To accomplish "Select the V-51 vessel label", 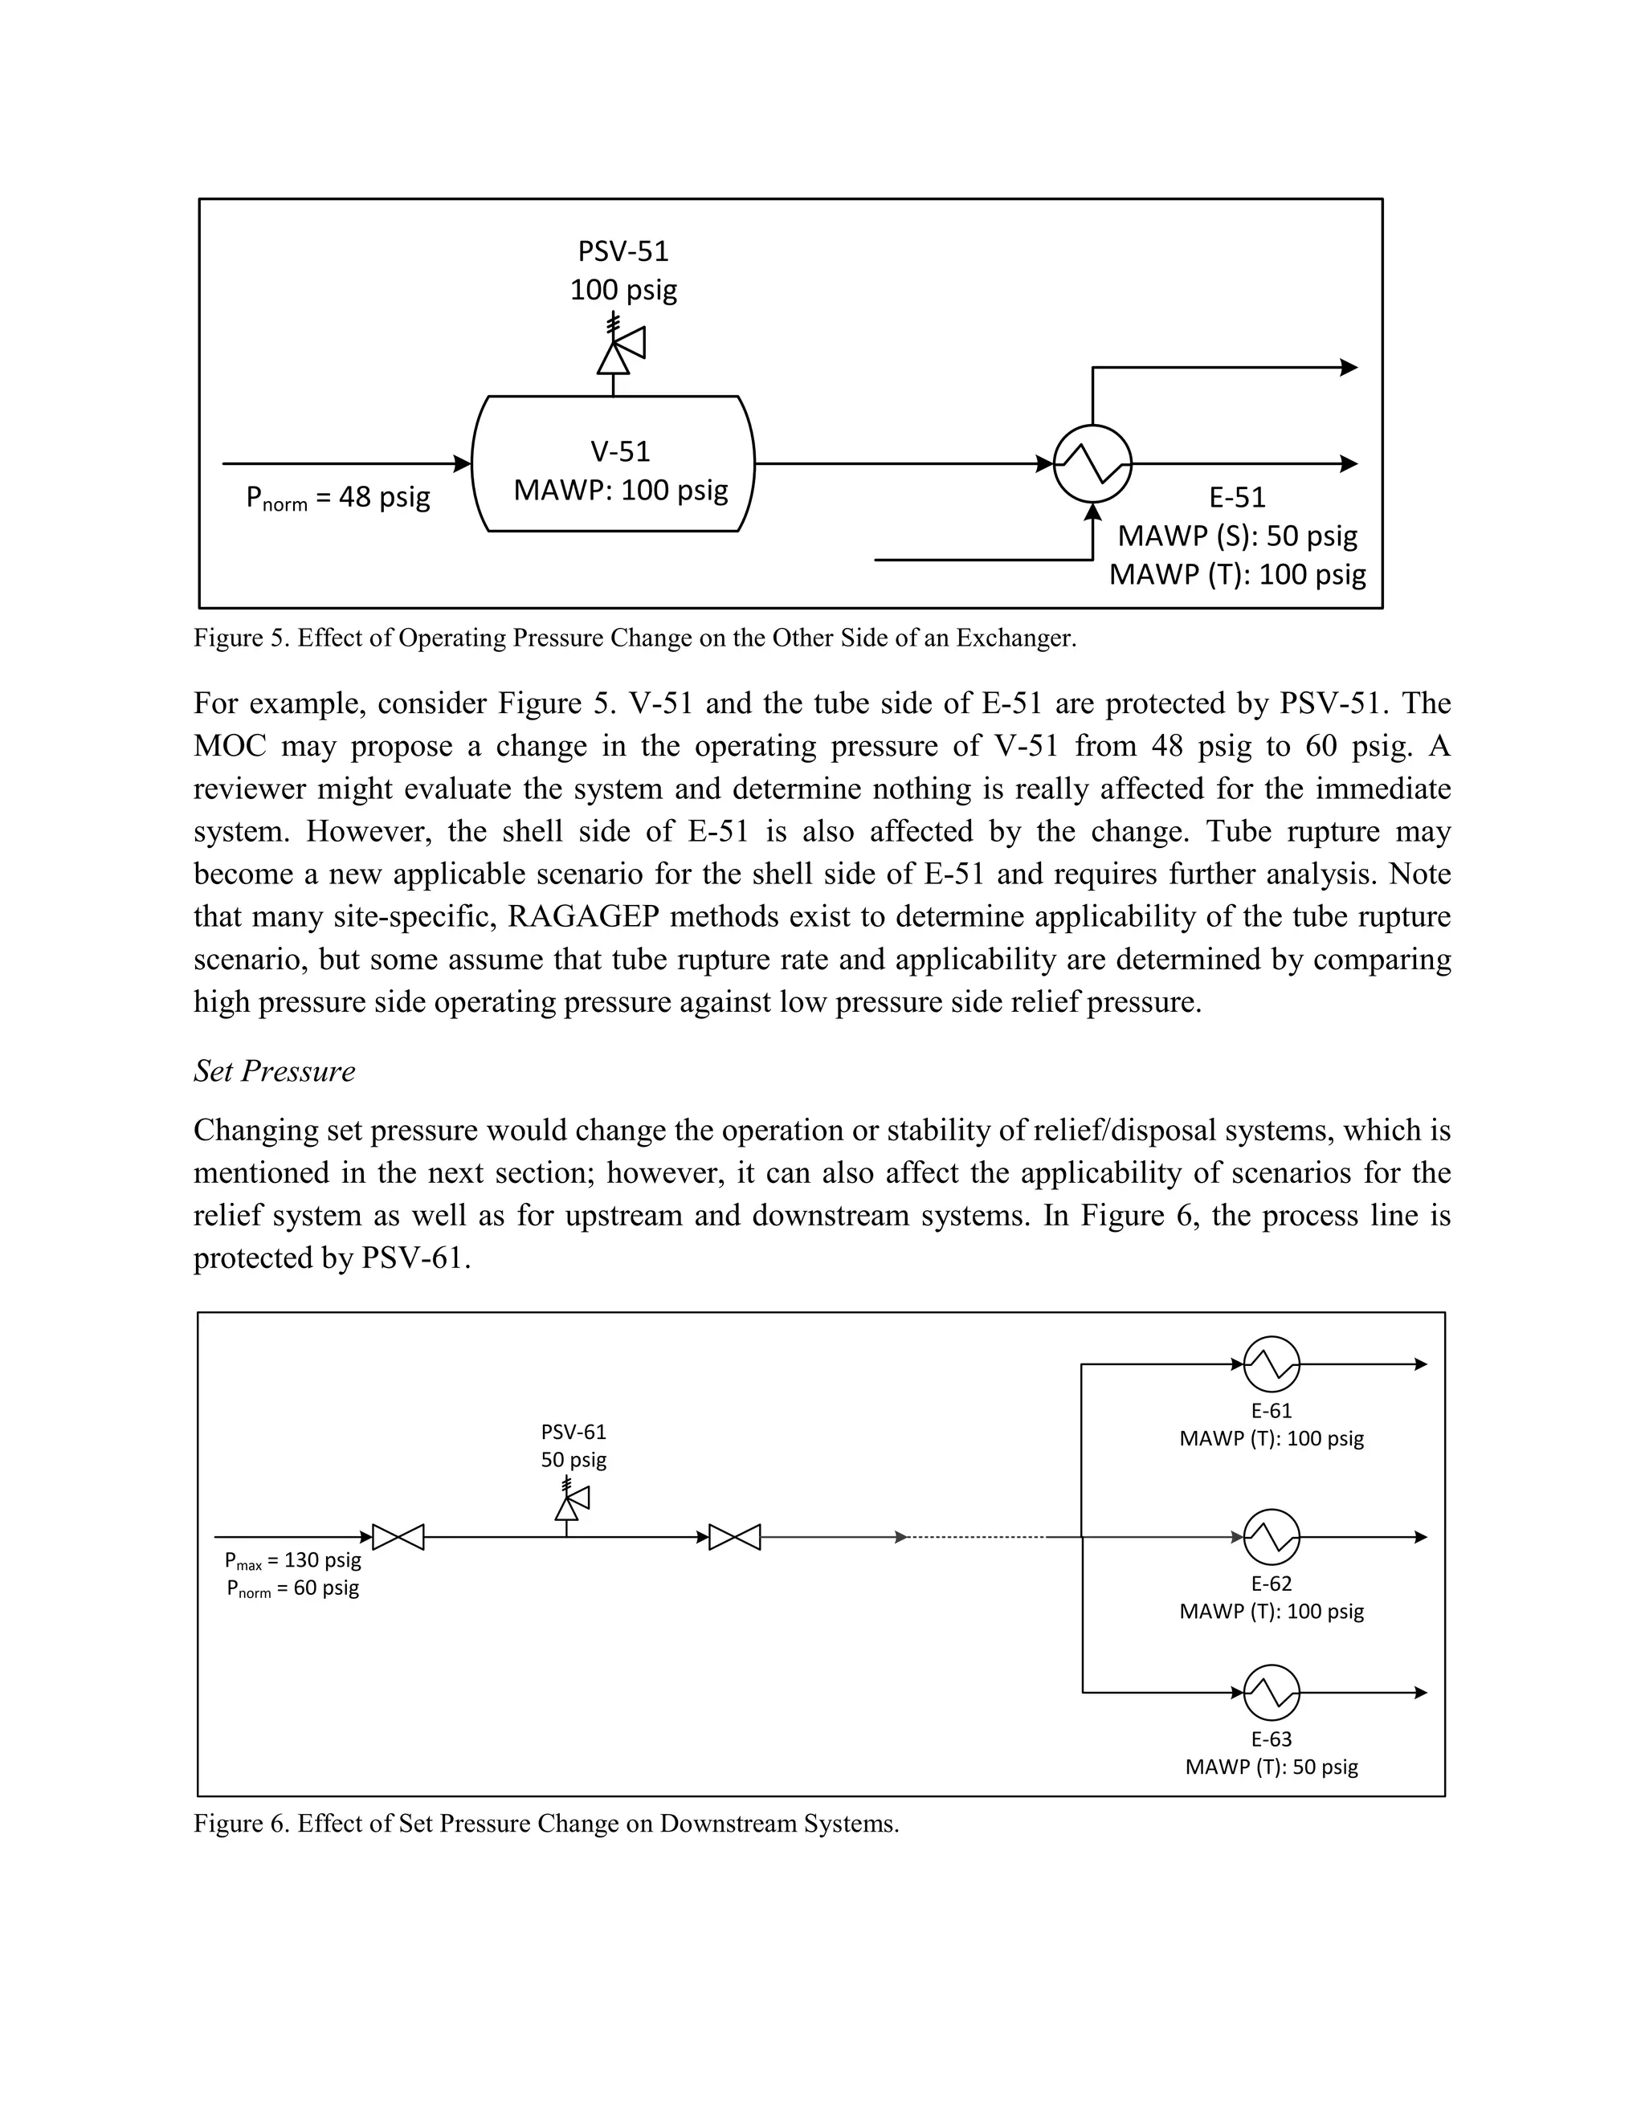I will pyautogui.click(x=620, y=451).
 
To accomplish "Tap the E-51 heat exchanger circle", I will pyautogui.click(x=1092, y=464).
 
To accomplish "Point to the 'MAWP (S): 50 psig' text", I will pyautogui.click(x=1237, y=536).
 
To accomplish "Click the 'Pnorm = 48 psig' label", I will pyautogui.click(x=337, y=498).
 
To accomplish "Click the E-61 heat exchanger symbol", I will pyautogui.click(x=1271, y=1364).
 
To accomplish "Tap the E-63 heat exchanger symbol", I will pyautogui.click(x=1271, y=1694).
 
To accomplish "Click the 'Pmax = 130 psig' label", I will pyautogui.click(x=292, y=1561).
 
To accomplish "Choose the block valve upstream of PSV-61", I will pyautogui.click(x=398, y=1538).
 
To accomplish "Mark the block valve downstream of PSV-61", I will pyautogui.click(x=735, y=1538).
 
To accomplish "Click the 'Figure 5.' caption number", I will pyautogui.click(x=241, y=638).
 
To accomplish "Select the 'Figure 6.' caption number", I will pyautogui.click(x=241, y=1824).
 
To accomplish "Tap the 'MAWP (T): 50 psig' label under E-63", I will pyautogui.click(x=1271, y=1767).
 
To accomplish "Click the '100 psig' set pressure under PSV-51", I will pyautogui.click(x=623, y=289).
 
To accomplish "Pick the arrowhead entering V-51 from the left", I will pyautogui.click(x=464, y=464).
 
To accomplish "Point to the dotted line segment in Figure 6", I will pyautogui.click(x=974, y=1538).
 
